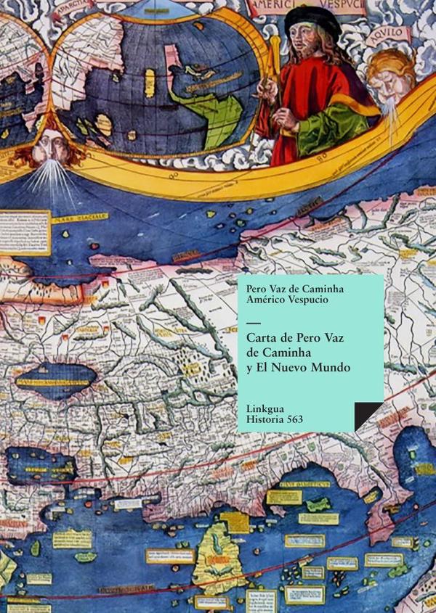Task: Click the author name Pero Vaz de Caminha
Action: (294, 289)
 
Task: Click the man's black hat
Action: (312, 20)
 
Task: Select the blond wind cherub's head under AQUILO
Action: (391, 73)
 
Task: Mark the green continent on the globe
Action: (211, 109)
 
